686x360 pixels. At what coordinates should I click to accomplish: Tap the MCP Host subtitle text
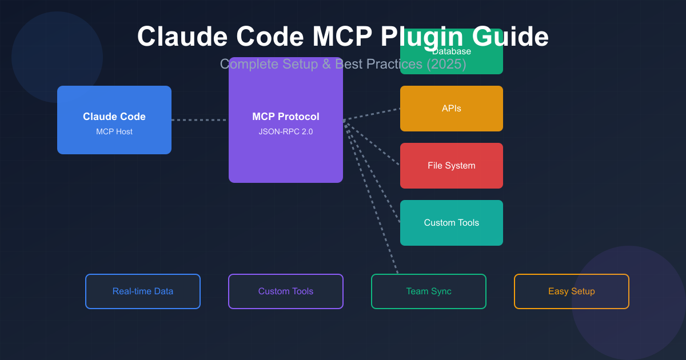(114, 132)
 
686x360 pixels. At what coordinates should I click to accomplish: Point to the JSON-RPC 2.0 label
(286, 132)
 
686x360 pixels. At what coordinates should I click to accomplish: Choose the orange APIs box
(452, 109)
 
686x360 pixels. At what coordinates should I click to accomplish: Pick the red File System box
(452, 166)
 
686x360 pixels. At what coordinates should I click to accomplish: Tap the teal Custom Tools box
(452, 223)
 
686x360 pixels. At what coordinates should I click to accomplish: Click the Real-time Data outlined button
(143, 291)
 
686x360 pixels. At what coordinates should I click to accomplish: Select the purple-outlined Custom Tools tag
(286, 291)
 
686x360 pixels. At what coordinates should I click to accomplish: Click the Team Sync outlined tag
(429, 291)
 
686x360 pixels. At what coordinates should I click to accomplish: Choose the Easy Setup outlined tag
(572, 291)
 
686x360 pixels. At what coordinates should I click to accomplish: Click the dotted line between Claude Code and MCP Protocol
(200, 120)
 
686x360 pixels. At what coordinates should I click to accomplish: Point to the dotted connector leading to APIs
(372, 114)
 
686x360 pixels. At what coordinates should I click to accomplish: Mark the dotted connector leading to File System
(372, 143)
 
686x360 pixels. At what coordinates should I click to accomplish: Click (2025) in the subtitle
(446, 64)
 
